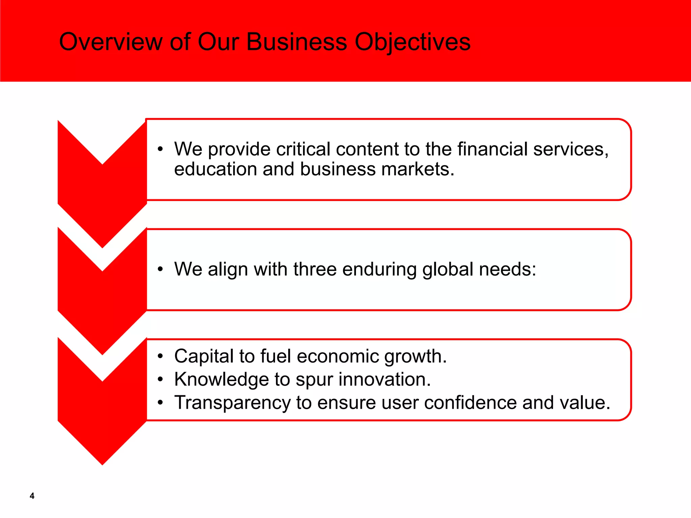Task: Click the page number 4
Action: point(32,496)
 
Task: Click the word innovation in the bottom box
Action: point(384,379)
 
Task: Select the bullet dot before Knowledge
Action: point(161,380)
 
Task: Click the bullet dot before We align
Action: point(161,269)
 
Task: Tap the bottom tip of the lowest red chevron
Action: point(102,463)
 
